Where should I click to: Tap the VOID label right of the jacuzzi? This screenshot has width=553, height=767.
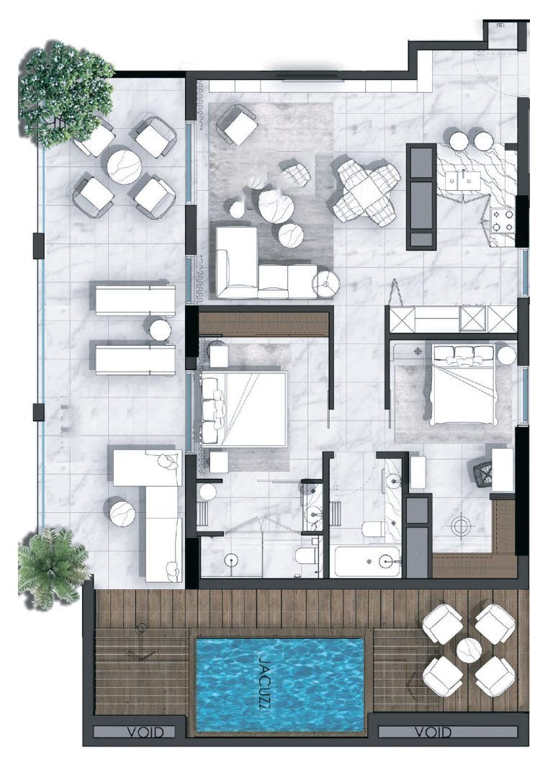click(x=433, y=732)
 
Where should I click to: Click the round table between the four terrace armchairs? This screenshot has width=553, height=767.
click(x=124, y=166)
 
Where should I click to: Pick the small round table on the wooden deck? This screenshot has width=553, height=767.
click(x=469, y=650)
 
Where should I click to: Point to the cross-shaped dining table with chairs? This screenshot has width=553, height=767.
click(x=366, y=192)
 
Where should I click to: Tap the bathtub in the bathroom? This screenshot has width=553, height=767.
click(x=366, y=561)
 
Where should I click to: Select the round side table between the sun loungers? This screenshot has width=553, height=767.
click(x=160, y=330)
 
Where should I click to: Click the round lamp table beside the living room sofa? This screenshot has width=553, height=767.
click(x=326, y=283)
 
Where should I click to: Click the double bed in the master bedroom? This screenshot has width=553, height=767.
click(x=245, y=407)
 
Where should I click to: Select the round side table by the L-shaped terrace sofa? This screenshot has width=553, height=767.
click(x=121, y=512)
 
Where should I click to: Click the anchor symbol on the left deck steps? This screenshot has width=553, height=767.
click(x=140, y=652)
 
